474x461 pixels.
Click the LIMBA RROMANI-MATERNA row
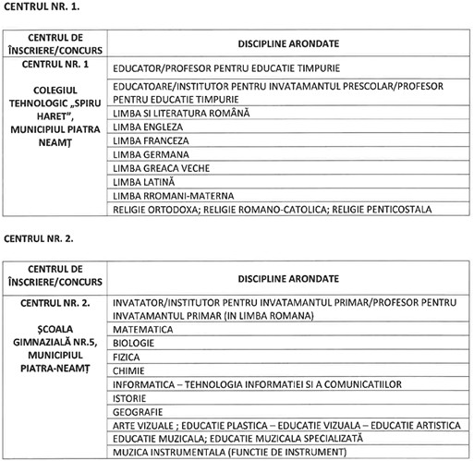point(171,196)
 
